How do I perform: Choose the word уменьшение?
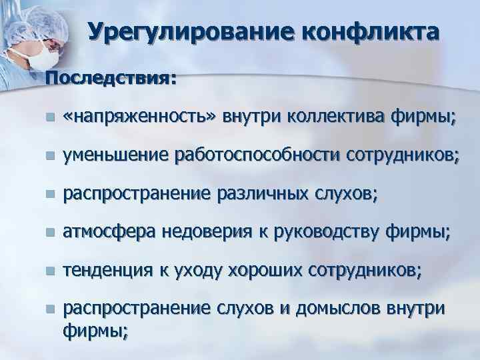115,156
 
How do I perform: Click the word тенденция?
107,271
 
